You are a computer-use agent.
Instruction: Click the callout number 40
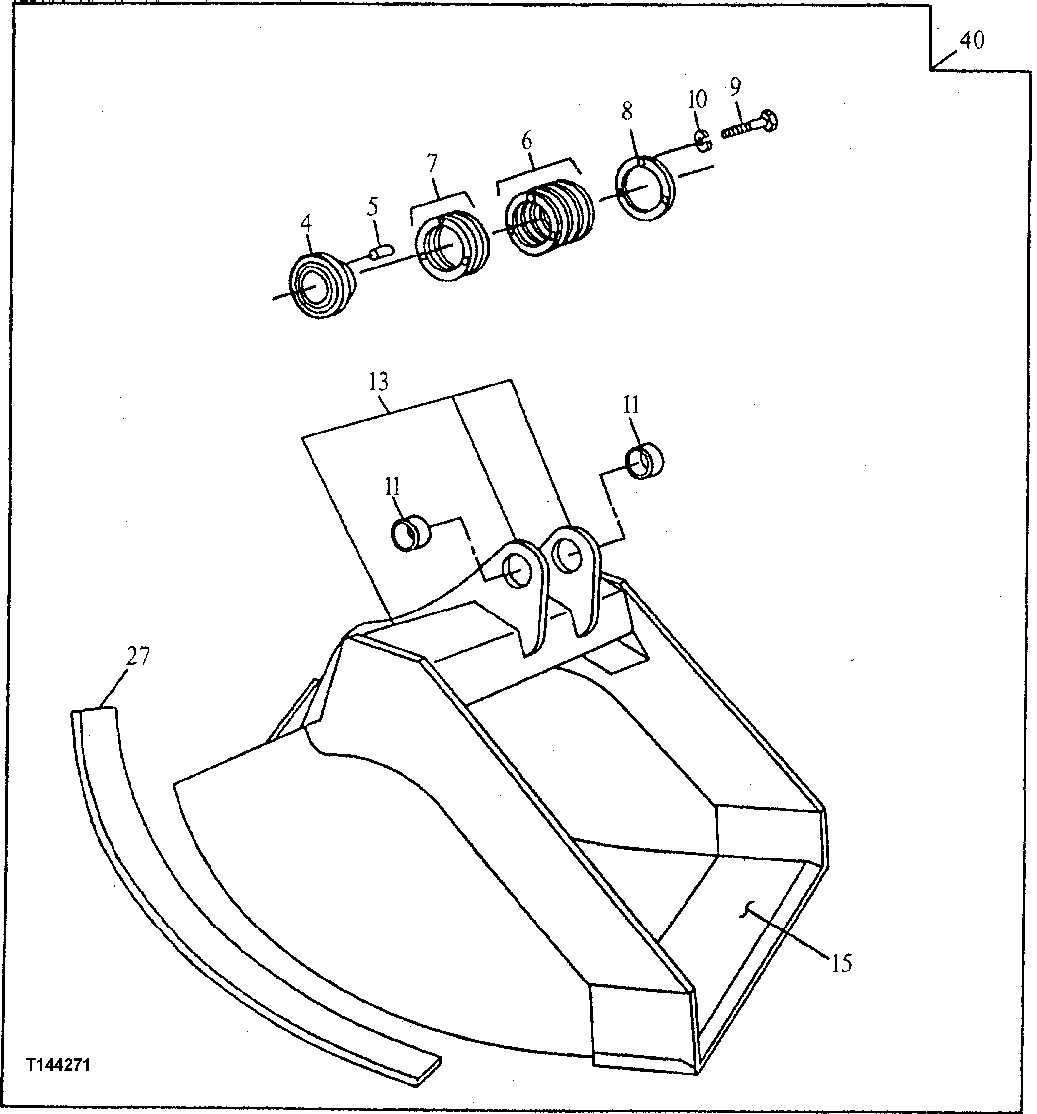(971, 40)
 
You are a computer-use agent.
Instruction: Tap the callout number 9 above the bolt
(735, 87)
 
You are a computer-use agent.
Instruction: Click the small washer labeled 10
(702, 142)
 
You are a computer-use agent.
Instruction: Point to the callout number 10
(697, 99)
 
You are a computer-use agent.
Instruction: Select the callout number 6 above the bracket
(526, 141)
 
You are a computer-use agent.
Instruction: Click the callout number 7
(432, 163)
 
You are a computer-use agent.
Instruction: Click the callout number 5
(372, 208)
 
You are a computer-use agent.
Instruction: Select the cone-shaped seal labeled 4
(321, 285)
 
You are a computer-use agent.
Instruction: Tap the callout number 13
(378, 382)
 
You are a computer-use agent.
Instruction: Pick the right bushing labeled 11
(645, 462)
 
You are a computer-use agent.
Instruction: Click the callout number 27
(139, 656)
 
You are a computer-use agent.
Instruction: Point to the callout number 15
(841, 964)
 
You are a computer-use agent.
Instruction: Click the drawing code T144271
(61, 1065)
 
